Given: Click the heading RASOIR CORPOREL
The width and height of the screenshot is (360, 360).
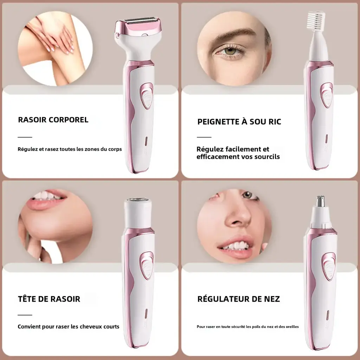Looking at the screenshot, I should (x=53, y=120).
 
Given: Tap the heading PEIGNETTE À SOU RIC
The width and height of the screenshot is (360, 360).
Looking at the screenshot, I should (x=239, y=122).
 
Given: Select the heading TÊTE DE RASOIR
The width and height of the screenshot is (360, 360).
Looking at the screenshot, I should (x=49, y=299).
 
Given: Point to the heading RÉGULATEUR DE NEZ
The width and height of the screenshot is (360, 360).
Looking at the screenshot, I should (x=238, y=299).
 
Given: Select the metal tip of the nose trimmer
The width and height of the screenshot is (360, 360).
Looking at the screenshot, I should (x=320, y=201).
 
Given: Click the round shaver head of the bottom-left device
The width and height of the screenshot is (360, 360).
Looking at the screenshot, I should (x=138, y=203).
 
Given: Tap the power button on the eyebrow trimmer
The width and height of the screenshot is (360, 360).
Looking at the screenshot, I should (x=326, y=95).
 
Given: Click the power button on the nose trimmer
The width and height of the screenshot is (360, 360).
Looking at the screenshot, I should (x=329, y=266).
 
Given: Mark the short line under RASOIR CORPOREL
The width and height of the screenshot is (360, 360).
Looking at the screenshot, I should (x=25, y=137).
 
